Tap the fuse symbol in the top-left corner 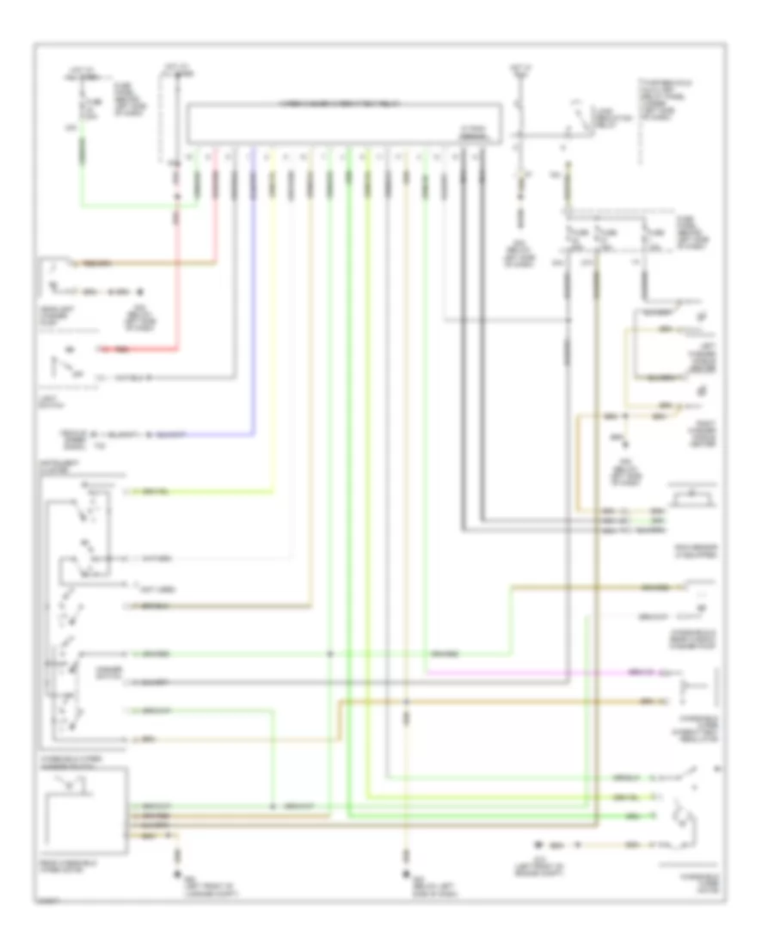(83, 107)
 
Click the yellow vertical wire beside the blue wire (273, 327)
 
